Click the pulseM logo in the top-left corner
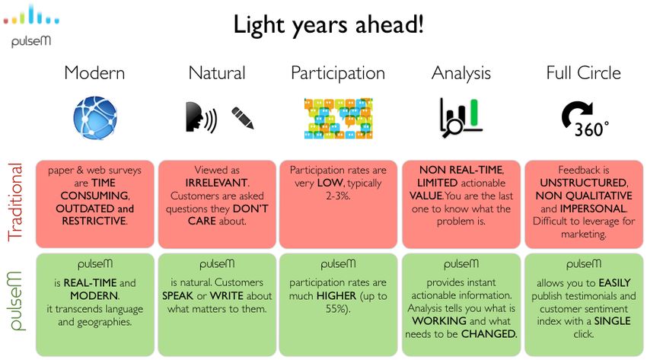(31, 26)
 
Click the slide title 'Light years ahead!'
(329, 25)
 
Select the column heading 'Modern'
(94, 73)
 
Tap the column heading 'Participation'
(338, 73)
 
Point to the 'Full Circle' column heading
(584, 73)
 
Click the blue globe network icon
(95, 118)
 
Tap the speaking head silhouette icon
(201, 117)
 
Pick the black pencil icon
(243, 118)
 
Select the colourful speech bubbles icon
(339, 118)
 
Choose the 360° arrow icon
(585, 119)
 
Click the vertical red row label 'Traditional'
(15, 202)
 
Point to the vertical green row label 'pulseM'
(15, 301)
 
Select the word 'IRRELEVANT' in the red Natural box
(217, 183)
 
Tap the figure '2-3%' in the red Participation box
(338, 196)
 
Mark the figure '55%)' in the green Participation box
(338, 309)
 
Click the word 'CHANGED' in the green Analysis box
(489, 334)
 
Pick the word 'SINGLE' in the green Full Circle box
(612, 321)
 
